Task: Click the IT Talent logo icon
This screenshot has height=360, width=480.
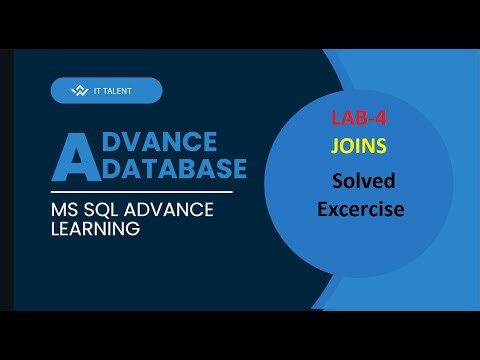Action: pos(81,91)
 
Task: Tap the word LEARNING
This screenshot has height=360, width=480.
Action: pos(95,229)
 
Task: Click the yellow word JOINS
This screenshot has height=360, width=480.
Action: pos(359,146)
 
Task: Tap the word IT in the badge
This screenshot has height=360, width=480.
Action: pos(98,91)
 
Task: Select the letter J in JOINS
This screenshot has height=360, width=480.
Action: pos(336,146)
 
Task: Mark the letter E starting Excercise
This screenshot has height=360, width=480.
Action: pos(323,209)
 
